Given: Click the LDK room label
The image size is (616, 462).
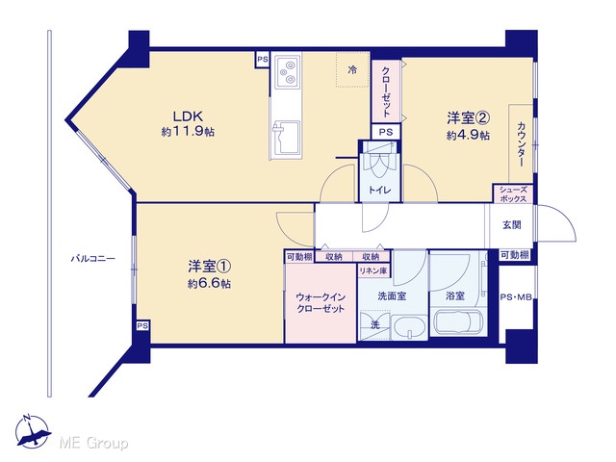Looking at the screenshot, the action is coord(188,116).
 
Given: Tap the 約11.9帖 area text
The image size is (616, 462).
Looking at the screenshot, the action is coord(188,132).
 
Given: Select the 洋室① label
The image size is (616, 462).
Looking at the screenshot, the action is coord(209,267).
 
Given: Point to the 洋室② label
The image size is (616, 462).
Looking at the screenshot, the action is coord(468,117).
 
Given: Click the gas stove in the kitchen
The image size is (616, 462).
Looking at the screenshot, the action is coord(288,71).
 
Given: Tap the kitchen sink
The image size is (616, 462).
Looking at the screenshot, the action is coord(287,139).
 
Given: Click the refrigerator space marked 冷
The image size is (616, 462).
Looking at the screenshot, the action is coord(352,70).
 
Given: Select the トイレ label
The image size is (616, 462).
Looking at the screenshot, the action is coord(379,191).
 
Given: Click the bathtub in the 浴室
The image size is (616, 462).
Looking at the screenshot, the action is coord(458,321).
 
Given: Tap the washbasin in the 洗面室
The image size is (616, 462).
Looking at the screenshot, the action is coord(409,327).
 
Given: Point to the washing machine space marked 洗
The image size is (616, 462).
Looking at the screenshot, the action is coord(375,325).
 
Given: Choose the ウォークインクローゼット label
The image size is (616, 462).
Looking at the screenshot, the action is coord(321,303).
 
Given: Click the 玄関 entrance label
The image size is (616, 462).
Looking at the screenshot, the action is coord(512,225).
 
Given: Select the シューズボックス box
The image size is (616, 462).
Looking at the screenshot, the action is coord(513,194).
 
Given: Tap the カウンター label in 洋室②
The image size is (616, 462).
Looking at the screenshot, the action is coord(522,144).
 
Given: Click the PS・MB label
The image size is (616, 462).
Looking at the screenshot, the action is coord(516,297).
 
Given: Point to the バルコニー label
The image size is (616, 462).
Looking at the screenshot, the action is coord(92,259).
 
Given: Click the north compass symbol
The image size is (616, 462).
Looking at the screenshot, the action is coord(33,431).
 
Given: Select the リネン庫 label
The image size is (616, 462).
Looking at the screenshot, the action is coord(373,270).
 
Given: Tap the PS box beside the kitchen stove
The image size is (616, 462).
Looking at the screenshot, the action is coord(263,60).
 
